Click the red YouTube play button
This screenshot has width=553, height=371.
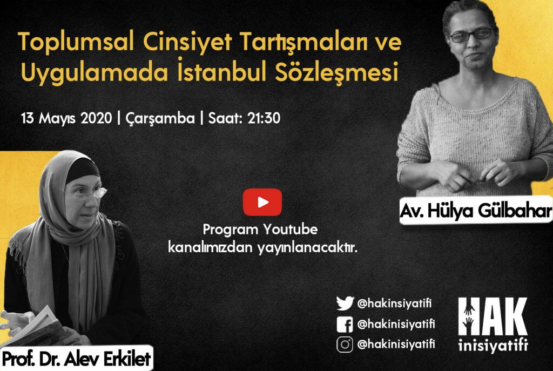(262, 202)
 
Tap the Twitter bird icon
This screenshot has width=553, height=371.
(345, 303)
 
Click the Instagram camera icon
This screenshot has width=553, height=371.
(345, 345)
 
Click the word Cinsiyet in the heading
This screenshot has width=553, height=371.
(187, 42)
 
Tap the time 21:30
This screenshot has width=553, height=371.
(264, 118)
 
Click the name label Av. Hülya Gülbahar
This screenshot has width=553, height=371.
(476, 211)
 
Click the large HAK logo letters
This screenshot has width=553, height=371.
(493, 316)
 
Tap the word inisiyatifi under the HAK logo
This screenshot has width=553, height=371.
(493, 345)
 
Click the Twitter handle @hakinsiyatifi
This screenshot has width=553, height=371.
(394, 303)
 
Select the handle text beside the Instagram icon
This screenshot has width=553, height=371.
(396, 344)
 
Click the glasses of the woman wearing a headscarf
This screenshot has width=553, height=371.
(85, 193)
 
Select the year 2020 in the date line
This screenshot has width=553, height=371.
(96, 118)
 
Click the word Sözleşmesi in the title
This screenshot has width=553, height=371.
(336, 72)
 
